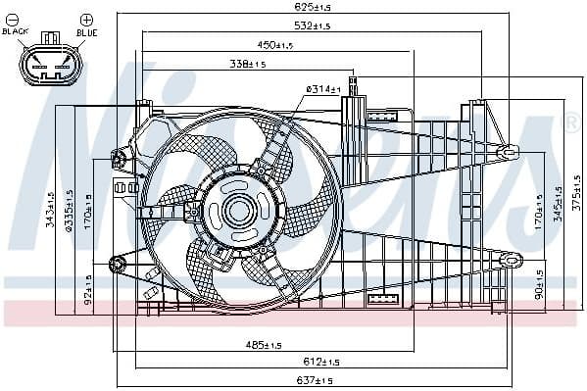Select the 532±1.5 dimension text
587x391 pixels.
(313, 25)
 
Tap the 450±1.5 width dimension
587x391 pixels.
(277, 45)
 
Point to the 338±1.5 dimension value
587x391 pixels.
(249, 65)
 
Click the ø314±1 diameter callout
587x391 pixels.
(322, 89)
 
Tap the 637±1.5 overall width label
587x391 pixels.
(313, 380)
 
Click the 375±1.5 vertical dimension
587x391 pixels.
(577, 200)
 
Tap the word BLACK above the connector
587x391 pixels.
(17, 32)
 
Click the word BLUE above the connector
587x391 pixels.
(87, 32)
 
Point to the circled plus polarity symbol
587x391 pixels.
(86, 20)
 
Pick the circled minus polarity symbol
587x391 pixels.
(17, 20)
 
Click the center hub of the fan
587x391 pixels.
(238, 210)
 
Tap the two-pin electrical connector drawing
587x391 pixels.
(49, 66)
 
